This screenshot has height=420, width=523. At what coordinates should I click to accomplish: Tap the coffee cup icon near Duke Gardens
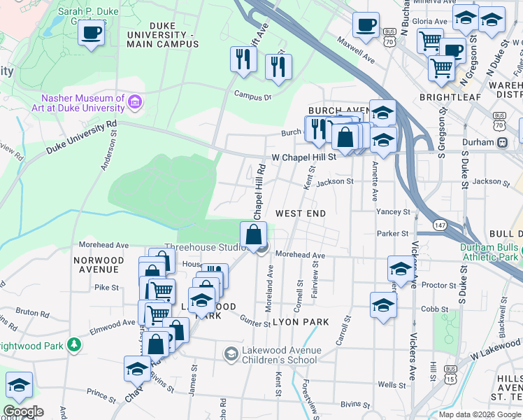[x=91, y=33]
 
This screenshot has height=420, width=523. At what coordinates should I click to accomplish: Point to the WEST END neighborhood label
[x=301, y=212]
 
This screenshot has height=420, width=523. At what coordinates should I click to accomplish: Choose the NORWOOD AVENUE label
[x=99, y=265]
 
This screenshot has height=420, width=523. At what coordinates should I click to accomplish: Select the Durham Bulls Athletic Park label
[x=489, y=252]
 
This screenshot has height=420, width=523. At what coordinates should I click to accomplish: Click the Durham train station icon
[x=502, y=142]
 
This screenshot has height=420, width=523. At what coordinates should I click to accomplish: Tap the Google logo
[x=23, y=411]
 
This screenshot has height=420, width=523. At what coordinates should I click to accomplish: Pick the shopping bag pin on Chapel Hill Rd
[x=254, y=234]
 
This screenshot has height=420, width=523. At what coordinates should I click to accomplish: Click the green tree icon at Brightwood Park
[x=73, y=345]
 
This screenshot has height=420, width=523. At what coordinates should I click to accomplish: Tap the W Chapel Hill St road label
[x=304, y=157]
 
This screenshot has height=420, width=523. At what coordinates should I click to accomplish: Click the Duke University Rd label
[x=81, y=138]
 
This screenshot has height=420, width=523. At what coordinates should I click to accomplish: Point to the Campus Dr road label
[x=252, y=95]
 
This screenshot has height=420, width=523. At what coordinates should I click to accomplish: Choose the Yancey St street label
[x=392, y=211]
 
